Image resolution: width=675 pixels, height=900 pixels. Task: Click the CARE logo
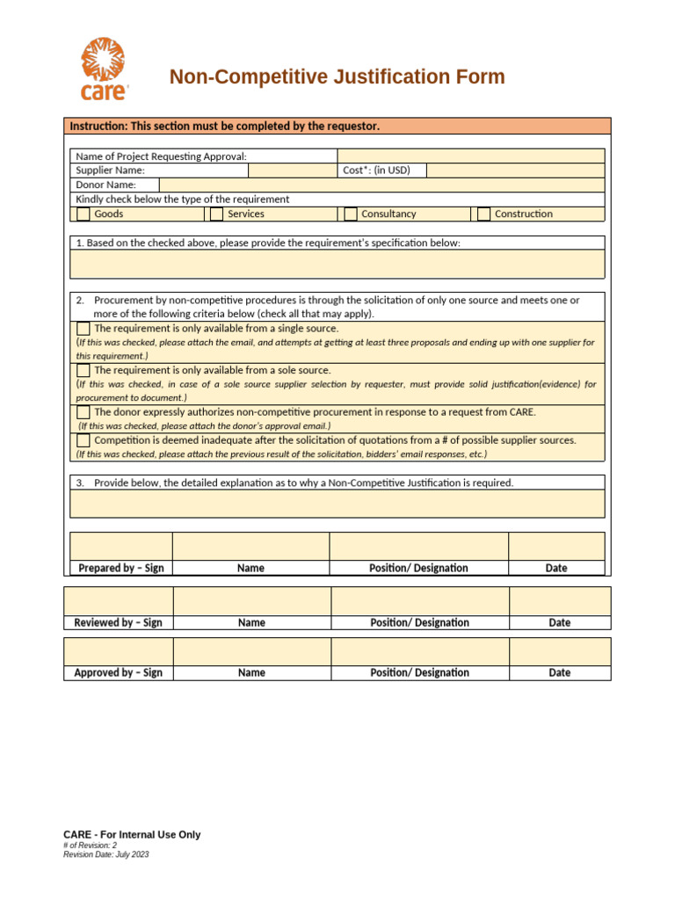tap(105, 69)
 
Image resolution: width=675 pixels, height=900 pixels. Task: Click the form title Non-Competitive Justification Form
tap(337, 77)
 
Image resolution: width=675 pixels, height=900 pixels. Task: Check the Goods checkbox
tap(83, 214)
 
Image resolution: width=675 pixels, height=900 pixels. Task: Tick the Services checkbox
tap(216, 214)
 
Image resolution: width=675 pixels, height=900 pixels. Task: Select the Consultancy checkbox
tap(350, 214)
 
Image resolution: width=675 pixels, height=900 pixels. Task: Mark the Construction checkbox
tap(483, 214)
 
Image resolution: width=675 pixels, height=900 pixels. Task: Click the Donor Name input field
tap(381, 185)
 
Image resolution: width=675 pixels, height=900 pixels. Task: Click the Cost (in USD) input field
tap(515, 171)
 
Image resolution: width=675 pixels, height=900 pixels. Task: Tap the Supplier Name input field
tap(292, 171)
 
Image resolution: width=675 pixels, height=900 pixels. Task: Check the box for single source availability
tap(83, 328)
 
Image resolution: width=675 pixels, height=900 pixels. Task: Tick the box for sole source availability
tap(83, 370)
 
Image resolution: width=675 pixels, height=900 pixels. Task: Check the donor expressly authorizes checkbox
tap(83, 412)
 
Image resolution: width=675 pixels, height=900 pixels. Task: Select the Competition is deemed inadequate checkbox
tap(83, 440)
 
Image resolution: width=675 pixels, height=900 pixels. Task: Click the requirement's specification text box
tap(337, 264)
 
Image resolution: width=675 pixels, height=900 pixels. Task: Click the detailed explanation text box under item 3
tap(337, 504)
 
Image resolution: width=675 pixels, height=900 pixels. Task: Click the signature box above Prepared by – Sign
tap(121, 546)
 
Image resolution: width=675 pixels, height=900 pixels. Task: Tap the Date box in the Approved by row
tap(560, 651)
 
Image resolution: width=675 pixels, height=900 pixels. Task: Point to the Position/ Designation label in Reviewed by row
tap(419, 622)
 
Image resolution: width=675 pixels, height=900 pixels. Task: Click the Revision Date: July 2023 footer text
tap(106, 854)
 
